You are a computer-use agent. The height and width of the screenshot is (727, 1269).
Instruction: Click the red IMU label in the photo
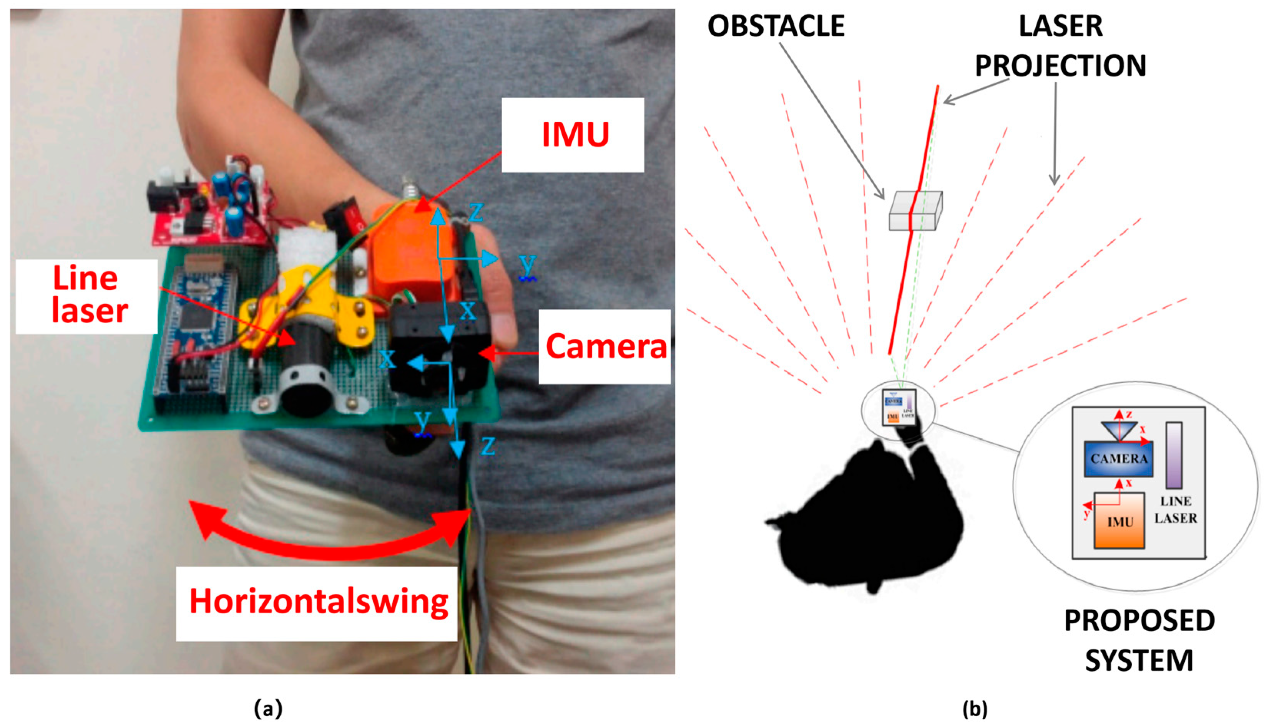click(575, 134)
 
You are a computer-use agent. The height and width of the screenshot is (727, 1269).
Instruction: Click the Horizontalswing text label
click(318, 602)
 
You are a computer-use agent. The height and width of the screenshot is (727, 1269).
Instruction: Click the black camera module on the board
click(440, 350)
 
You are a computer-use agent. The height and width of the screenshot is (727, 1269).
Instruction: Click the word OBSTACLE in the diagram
click(776, 26)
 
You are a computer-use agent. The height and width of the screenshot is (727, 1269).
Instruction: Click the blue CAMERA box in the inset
click(1119, 459)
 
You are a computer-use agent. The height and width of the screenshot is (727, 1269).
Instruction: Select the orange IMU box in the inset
click(1120, 521)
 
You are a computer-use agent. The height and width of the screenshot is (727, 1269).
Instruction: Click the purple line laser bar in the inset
click(1174, 455)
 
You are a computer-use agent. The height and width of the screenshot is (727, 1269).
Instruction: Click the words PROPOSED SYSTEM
click(1139, 640)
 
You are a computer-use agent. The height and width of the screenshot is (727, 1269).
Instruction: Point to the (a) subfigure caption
click(268, 709)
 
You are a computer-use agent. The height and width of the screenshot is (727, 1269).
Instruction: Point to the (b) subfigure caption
click(974, 709)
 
